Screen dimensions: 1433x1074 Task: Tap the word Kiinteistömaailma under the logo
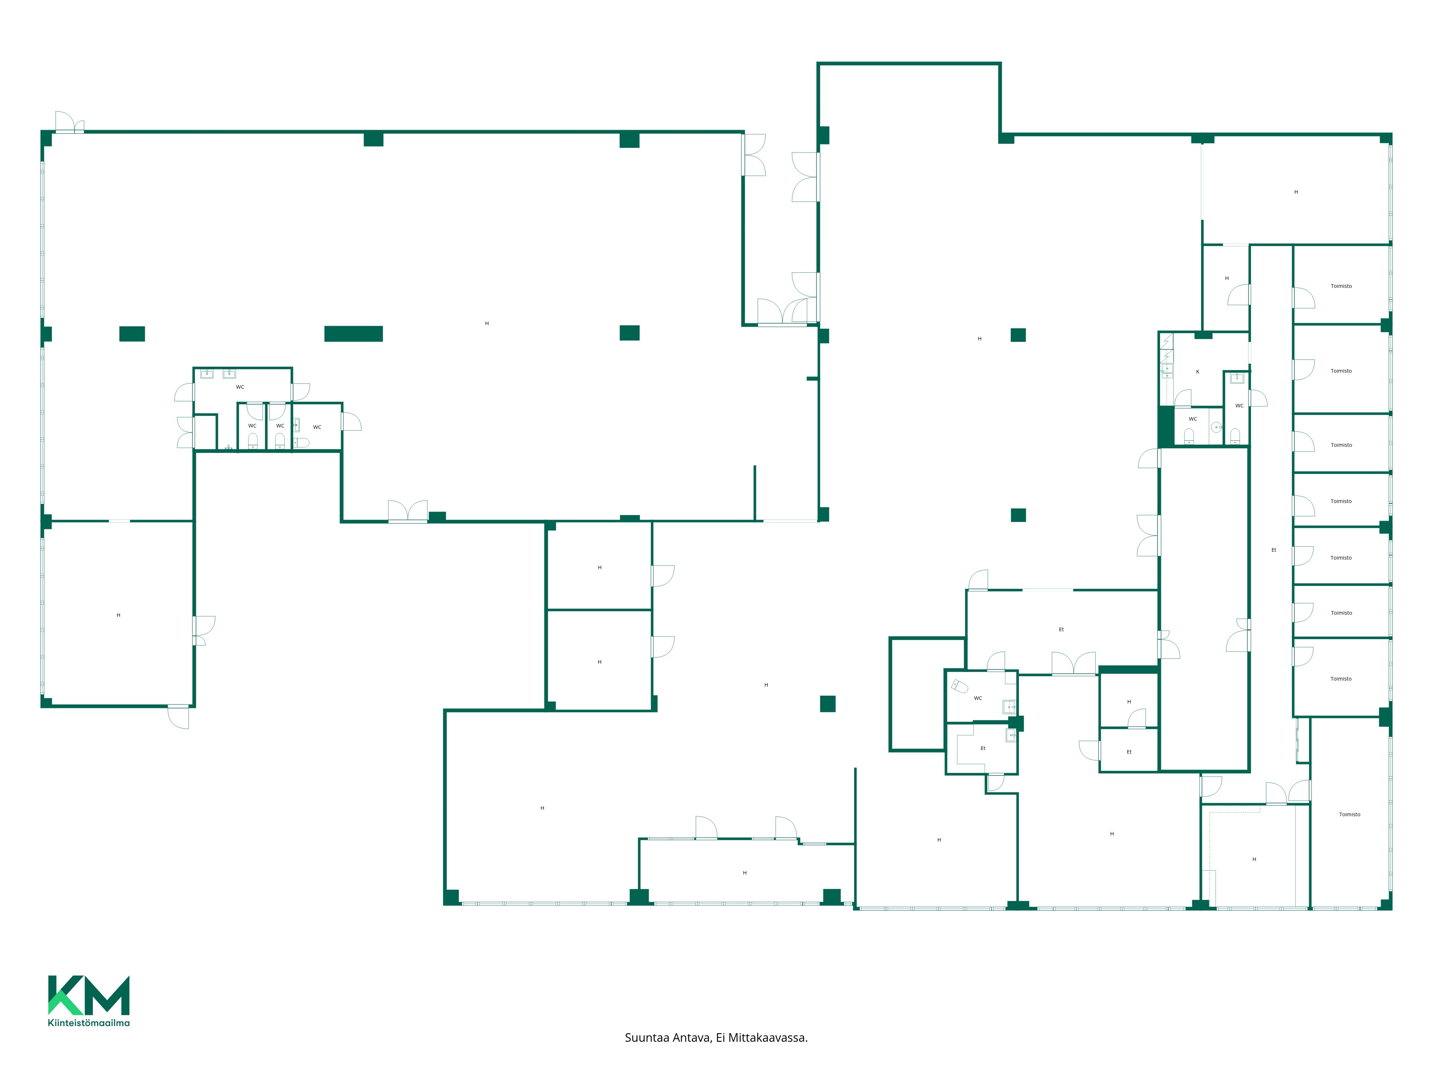coord(89,1023)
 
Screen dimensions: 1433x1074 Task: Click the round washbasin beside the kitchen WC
coord(1217,427)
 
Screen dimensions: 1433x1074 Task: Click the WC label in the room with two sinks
coord(240,387)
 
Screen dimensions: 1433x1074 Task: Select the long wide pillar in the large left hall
coord(354,333)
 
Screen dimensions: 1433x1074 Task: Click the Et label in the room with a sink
coord(983,748)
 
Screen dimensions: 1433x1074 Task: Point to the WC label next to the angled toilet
coord(978,698)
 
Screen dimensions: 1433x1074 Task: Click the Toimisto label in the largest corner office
coord(1350,814)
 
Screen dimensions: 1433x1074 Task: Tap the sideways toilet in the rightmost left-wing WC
coord(301,443)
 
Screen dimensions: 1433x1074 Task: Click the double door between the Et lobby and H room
coord(1073,664)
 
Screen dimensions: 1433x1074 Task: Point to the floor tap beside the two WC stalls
coord(228,447)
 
